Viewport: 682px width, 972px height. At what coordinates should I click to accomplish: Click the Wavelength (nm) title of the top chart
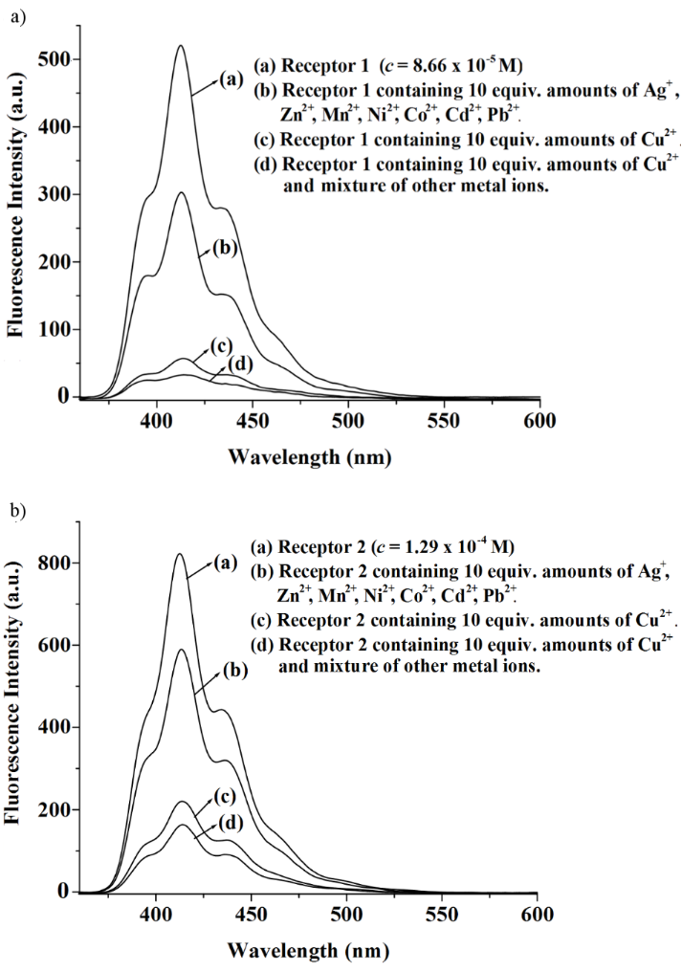pyautogui.click(x=309, y=456)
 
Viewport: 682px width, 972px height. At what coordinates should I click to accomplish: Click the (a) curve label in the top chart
pyautogui.click(x=231, y=80)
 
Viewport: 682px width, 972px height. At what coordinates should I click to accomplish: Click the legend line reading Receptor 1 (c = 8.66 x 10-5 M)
pyautogui.click(x=382, y=65)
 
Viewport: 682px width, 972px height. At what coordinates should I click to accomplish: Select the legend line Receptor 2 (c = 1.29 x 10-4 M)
pyautogui.click(x=383, y=548)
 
